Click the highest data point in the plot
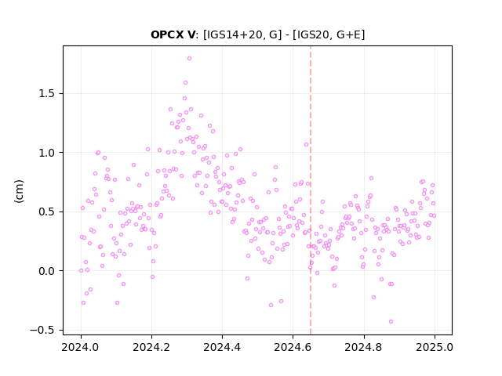189,59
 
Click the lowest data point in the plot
391,322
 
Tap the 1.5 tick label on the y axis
46,94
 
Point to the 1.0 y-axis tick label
46,153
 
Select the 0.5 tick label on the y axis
46,212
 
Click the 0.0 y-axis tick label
46,271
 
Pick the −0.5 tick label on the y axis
42,331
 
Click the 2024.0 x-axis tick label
81,347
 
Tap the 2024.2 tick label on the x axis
151,347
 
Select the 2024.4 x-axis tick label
222,347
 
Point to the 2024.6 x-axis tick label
293,347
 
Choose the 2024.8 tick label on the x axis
364,347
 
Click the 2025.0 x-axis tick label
435,347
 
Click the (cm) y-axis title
19,191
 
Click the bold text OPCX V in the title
173,34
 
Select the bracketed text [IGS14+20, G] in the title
242,34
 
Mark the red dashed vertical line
311,190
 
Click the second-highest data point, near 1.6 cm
185,83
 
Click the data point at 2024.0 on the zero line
81,271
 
